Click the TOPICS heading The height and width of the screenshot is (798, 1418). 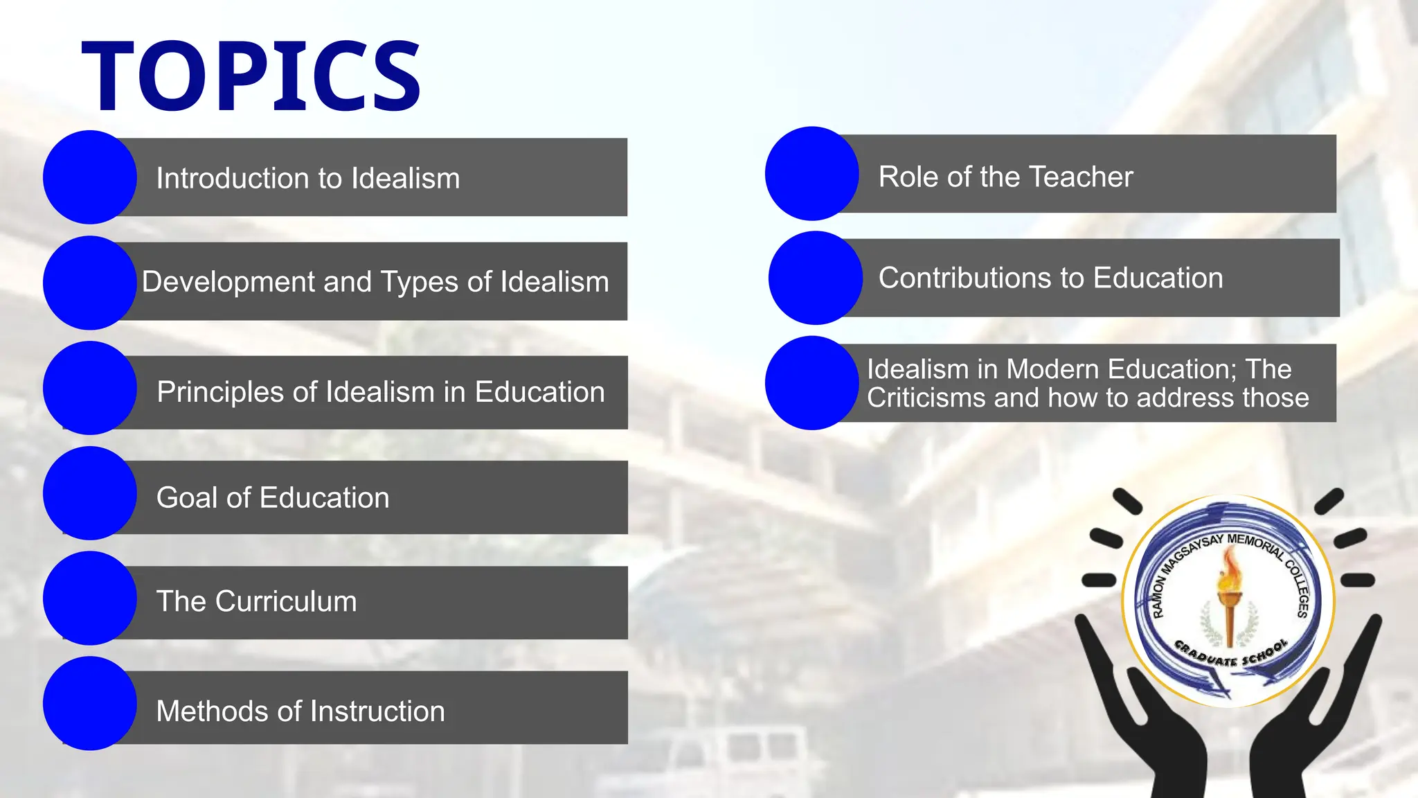click(x=251, y=76)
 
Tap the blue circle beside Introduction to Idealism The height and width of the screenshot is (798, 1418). click(x=89, y=177)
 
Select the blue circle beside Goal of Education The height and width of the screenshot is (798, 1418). click(x=89, y=493)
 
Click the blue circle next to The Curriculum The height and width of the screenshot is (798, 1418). click(x=89, y=598)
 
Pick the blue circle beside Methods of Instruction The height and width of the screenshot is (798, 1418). click(x=89, y=704)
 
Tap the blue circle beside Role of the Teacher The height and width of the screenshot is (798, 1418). click(x=811, y=173)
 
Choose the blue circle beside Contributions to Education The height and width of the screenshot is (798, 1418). click(x=815, y=278)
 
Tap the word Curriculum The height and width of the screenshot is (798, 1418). click(x=286, y=601)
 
